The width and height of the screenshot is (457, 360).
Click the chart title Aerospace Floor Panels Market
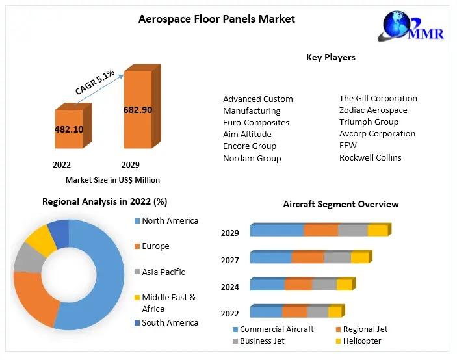point(216,19)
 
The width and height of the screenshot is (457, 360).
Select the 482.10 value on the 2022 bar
point(69,129)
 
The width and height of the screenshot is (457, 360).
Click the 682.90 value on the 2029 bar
point(137,110)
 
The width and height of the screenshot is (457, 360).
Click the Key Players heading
point(331,57)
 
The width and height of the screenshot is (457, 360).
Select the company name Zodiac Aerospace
point(373,110)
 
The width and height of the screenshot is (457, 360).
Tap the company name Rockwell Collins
point(371,157)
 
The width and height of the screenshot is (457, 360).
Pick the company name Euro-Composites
point(256,122)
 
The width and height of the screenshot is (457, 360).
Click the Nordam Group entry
point(252,158)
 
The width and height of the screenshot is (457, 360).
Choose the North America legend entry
point(170,221)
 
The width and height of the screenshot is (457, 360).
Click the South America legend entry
point(170,322)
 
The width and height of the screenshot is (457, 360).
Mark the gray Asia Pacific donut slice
point(26,259)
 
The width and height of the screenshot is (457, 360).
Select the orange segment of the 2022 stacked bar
point(294,312)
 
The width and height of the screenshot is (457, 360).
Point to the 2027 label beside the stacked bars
point(230,260)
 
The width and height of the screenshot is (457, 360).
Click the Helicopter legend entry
point(362,341)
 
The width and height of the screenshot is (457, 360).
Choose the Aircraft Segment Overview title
point(341,204)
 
